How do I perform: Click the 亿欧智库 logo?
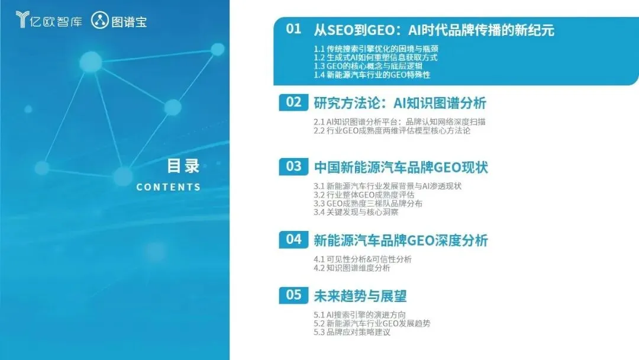(49, 20)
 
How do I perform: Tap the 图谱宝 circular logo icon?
(99, 20)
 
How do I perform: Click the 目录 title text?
(183, 166)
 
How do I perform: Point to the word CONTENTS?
(168, 187)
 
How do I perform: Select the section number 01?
(293, 29)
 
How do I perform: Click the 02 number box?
(293, 102)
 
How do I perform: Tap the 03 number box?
(293, 167)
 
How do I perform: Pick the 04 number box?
(293, 239)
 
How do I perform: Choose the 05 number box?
(293, 295)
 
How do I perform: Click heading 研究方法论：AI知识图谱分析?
(400, 103)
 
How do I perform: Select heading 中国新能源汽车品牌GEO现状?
(401, 168)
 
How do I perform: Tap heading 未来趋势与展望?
(360, 296)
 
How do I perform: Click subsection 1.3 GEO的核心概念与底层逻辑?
(367, 66)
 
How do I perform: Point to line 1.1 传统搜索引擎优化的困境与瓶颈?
(376, 49)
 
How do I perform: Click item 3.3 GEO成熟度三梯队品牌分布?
(367, 204)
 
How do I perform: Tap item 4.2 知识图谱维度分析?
(351, 268)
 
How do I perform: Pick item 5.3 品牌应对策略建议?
(351, 332)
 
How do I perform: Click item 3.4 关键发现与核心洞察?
(356, 212)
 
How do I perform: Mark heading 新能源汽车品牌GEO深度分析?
(401, 240)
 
